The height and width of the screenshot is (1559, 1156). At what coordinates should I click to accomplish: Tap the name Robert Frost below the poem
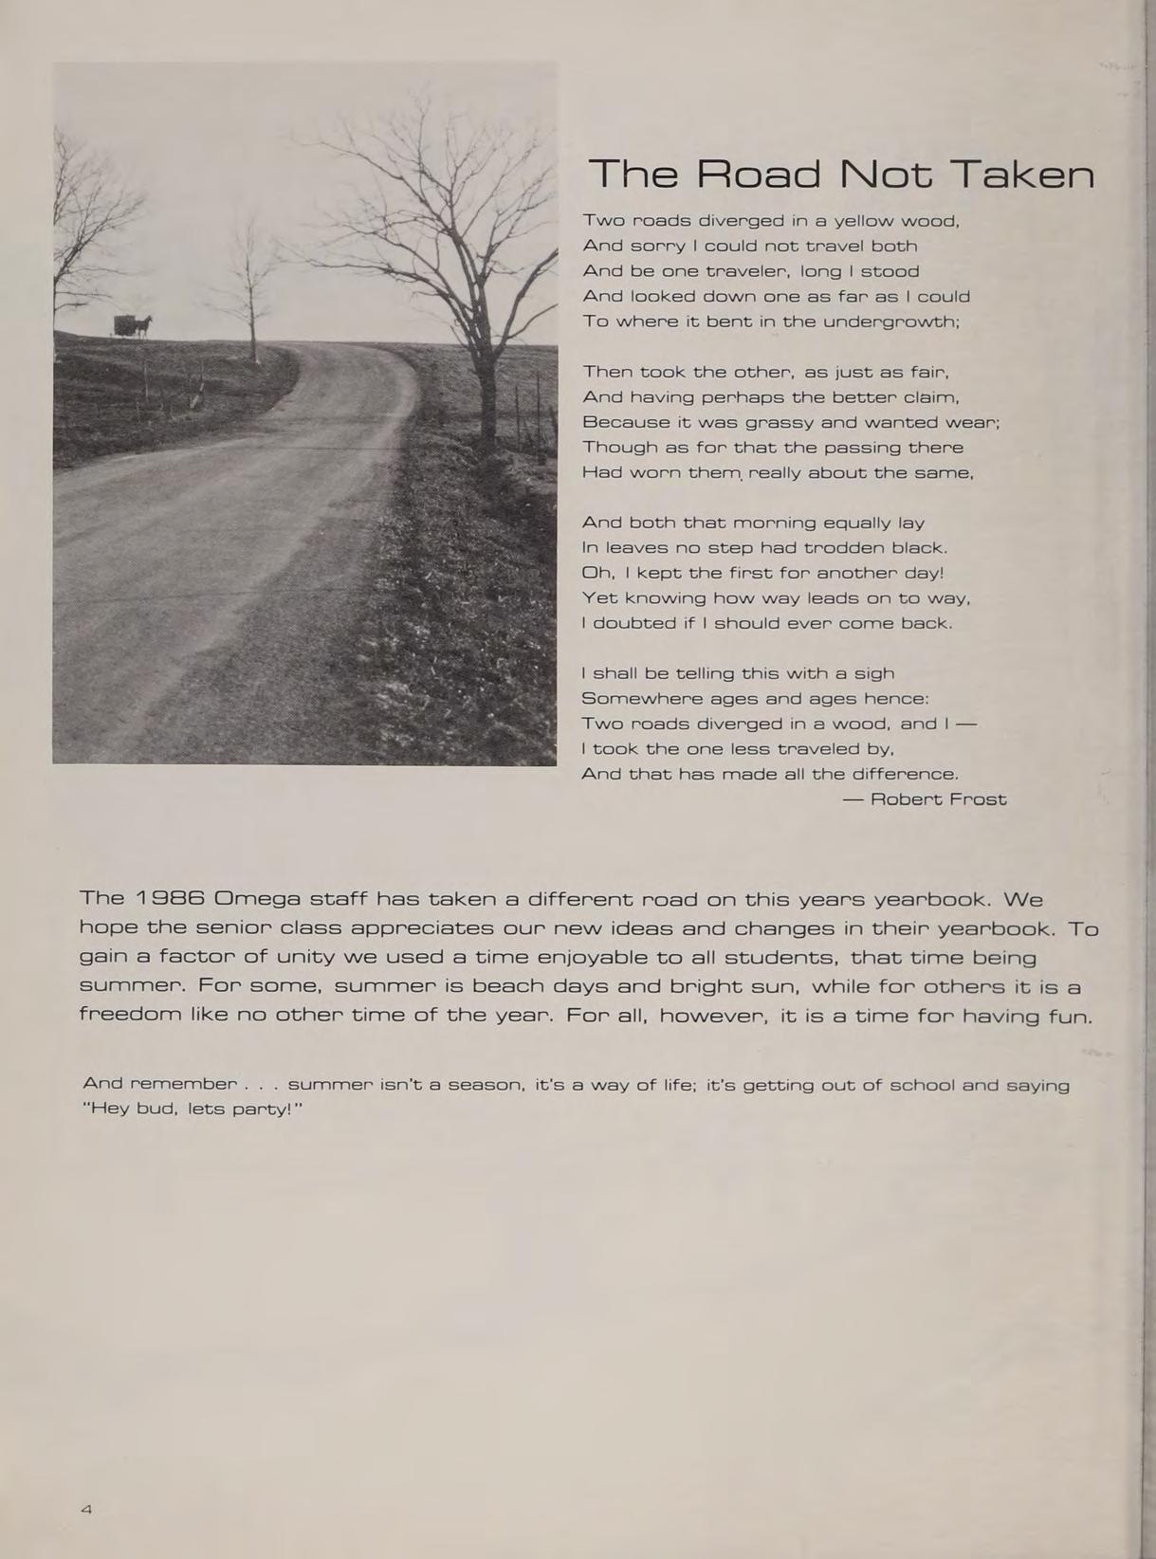pyautogui.click(x=938, y=799)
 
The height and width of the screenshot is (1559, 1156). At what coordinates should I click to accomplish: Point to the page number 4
pyautogui.click(x=86, y=1509)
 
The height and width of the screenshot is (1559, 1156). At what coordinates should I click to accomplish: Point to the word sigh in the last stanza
pyautogui.click(x=873, y=673)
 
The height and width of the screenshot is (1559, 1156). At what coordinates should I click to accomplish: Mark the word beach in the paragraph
pyautogui.click(x=507, y=986)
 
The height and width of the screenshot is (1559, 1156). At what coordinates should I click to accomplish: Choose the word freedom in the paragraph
pyautogui.click(x=128, y=1015)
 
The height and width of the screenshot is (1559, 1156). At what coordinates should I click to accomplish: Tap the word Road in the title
pyautogui.click(x=760, y=174)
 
